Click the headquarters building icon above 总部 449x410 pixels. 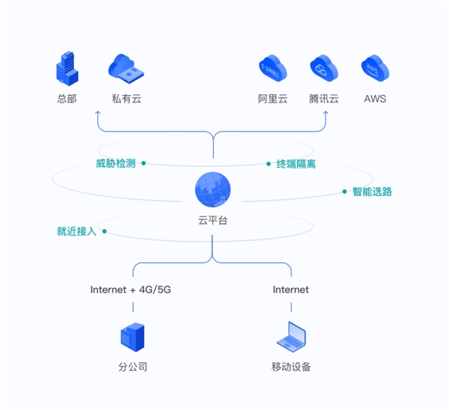pos(67,68)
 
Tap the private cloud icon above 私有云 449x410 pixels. pos(126,69)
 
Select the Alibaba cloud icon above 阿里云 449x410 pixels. pos(272,68)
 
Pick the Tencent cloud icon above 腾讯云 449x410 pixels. pos(324,68)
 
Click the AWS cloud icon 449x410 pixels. pos(375,68)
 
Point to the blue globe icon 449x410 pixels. pos(213,189)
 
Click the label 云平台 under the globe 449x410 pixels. pos(213,221)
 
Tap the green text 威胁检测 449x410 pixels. pos(116,164)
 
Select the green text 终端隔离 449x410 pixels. pos(296,165)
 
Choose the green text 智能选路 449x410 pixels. pos(372,192)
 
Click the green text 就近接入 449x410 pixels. pos(76,231)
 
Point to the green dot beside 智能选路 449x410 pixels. pos(344,192)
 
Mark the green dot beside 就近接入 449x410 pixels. pos(105,231)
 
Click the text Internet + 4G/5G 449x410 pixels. pos(130,290)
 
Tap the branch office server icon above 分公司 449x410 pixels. pos(132,337)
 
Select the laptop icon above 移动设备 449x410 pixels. pos(291,337)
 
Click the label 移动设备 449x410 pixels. pos(291,367)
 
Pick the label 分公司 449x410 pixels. pos(133,367)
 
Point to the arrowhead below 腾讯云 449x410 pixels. pos(326,113)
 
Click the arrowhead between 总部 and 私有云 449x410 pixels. pos(98,113)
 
